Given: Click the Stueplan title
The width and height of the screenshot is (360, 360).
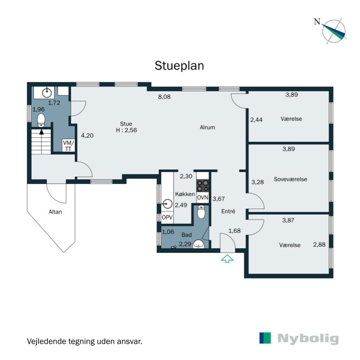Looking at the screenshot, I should (x=180, y=66).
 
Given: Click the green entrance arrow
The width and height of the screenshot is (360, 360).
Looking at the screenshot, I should (x=227, y=258).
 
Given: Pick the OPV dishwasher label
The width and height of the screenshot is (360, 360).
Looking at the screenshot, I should (x=167, y=217).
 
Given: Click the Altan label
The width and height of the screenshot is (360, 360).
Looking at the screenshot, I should (x=56, y=211).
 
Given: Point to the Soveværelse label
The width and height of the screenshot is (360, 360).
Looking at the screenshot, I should (x=290, y=179).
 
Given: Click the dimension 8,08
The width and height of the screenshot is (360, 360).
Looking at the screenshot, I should (x=164, y=96).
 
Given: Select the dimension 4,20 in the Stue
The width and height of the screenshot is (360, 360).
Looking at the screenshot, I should (x=87, y=135).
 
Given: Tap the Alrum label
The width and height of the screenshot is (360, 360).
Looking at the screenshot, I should (x=207, y=127).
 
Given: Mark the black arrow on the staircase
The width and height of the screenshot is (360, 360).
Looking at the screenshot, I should (x=41, y=132).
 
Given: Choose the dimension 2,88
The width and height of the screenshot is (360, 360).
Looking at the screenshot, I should (x=319, y=245).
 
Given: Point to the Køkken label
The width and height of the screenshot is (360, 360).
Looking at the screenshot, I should (x=185, y=194).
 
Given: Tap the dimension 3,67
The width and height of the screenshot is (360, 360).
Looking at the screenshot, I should (x=218, y=199).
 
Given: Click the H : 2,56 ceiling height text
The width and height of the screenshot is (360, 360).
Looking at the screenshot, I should (x=126, y=130).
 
